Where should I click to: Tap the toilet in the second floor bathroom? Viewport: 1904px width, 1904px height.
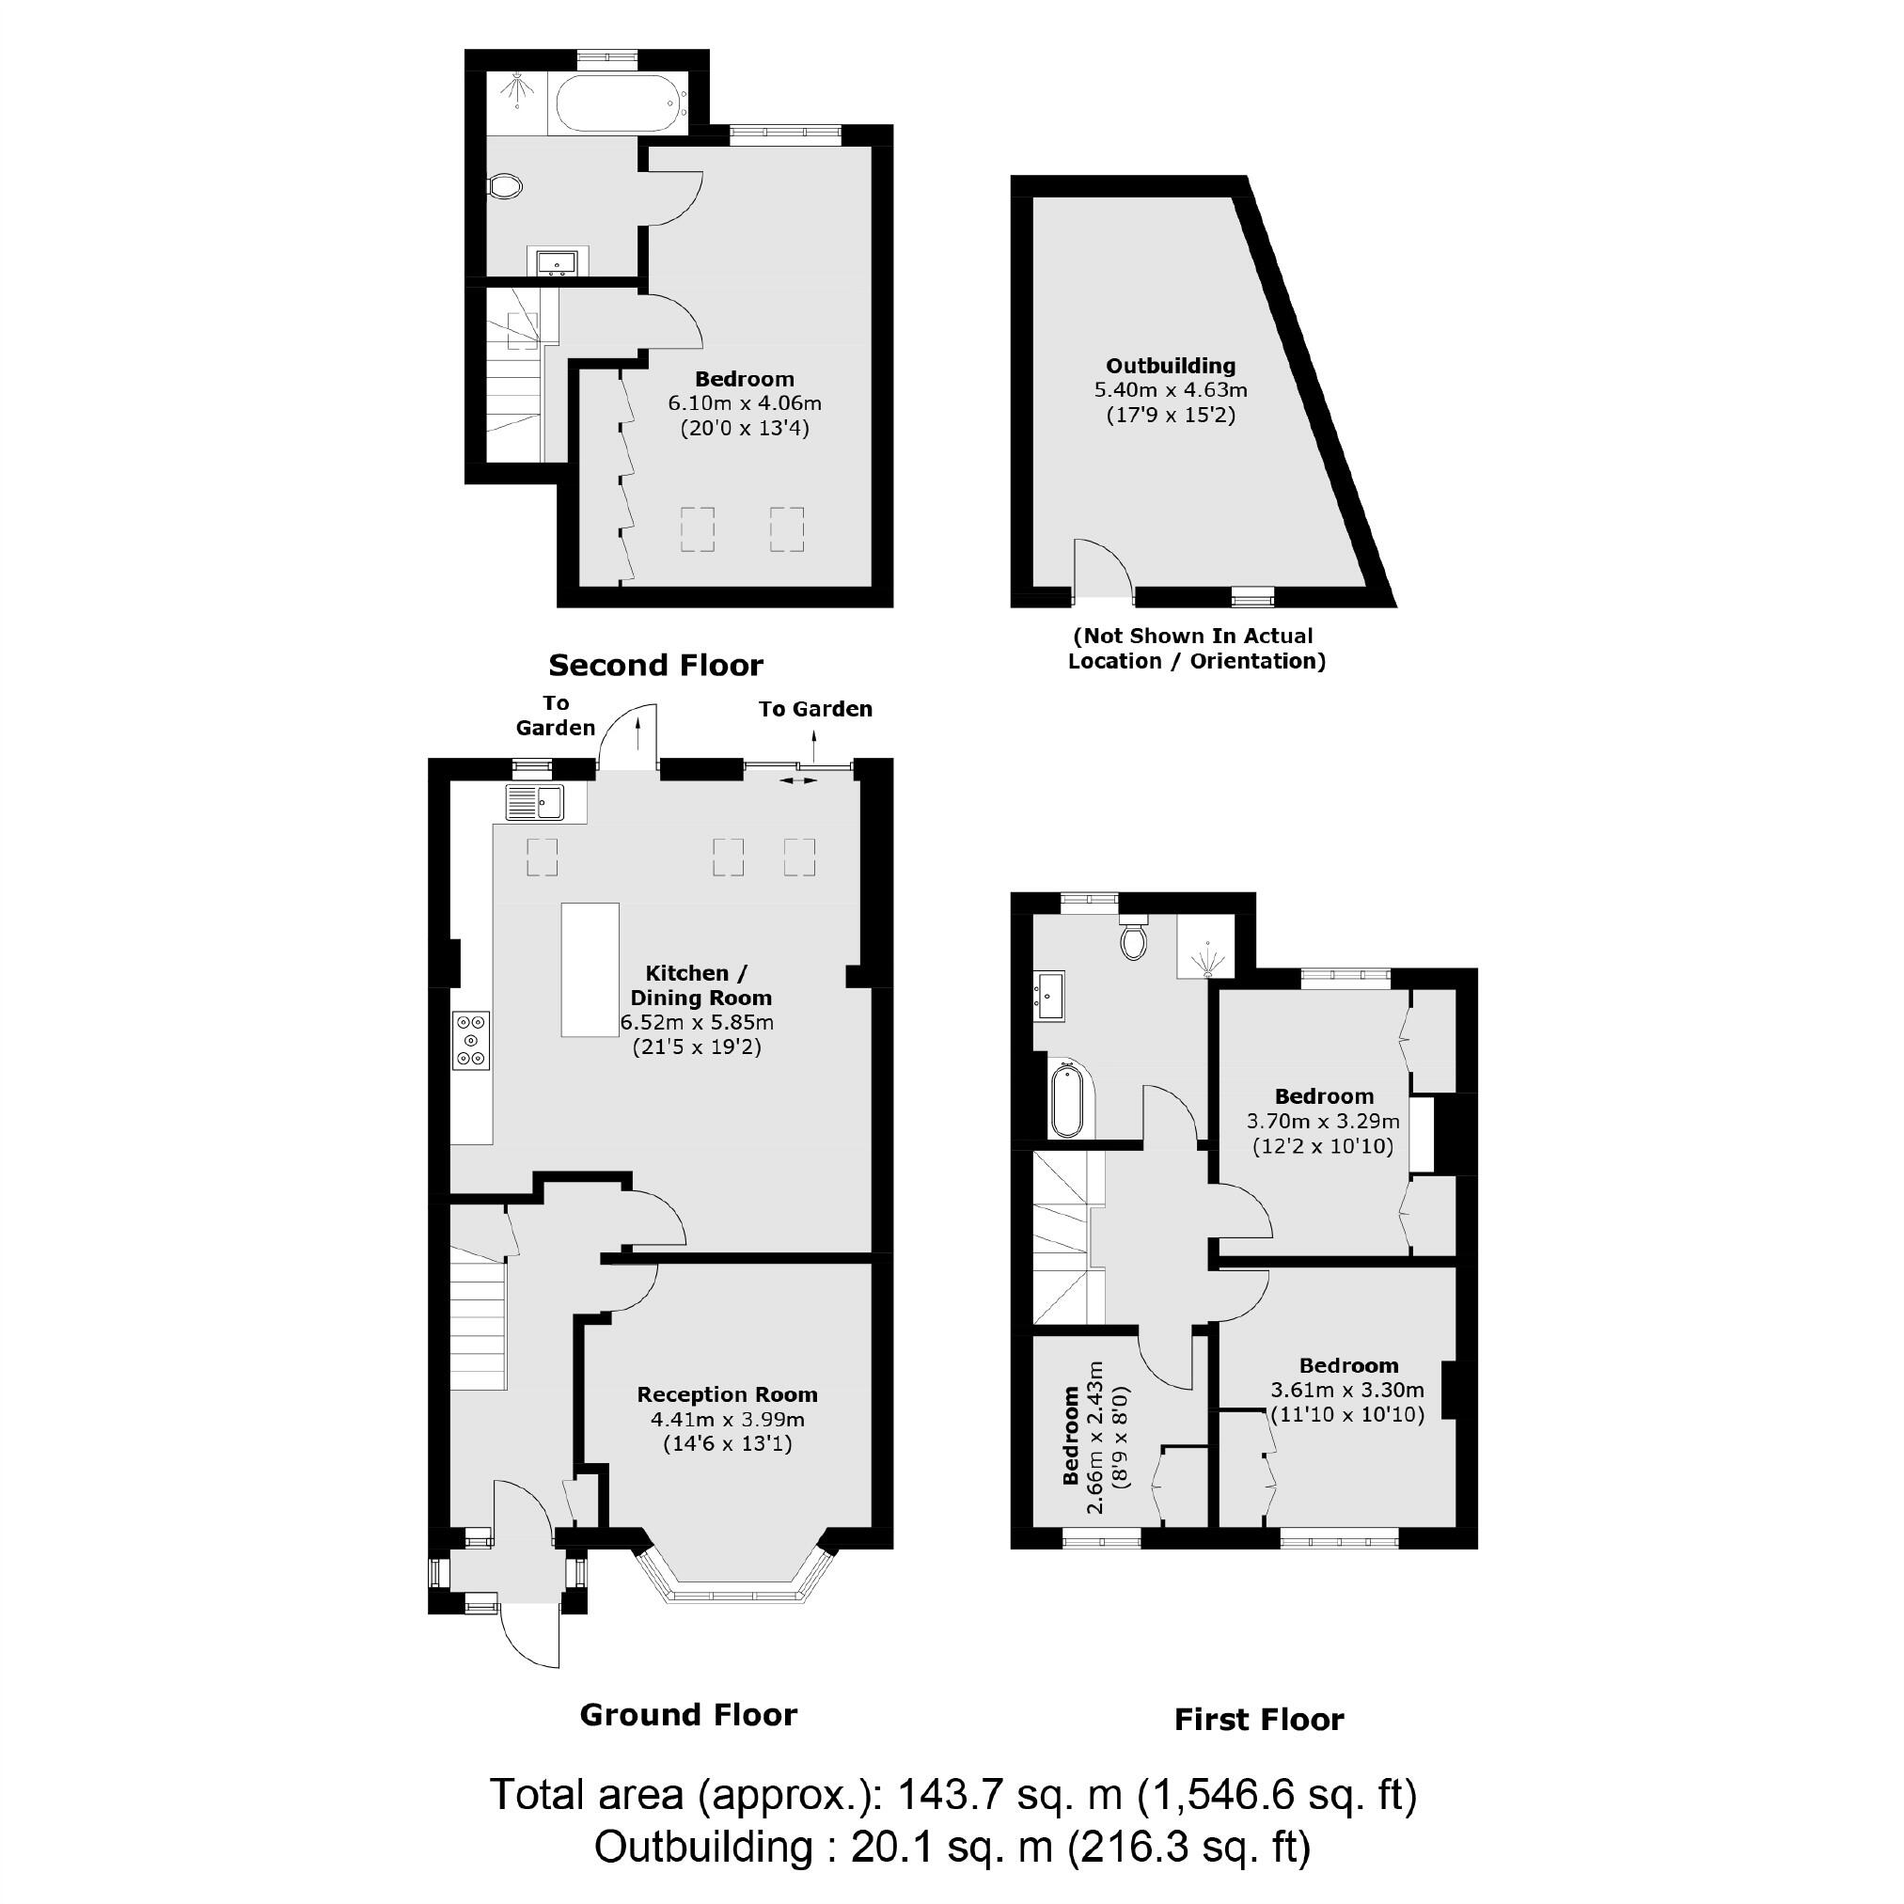pyautogui.click(x=507, y=186)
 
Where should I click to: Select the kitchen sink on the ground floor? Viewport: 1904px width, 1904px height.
pyautogui.click(x=535, y=801)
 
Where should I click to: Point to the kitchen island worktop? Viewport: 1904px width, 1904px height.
pyautogui.click(x=590, y=969)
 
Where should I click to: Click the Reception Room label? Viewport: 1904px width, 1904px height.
pyautogui.click(x=728, y=1394)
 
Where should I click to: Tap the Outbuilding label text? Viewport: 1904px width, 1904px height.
pyautogui.click(x=1170, y=366)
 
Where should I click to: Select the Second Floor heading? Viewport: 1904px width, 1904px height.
pyautogui.click(x=655, y=665)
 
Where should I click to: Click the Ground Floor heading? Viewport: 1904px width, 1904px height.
pyautogui.click(x=688, y=1715)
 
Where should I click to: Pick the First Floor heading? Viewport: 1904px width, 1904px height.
pyautogui.click(x=1258, y=1720)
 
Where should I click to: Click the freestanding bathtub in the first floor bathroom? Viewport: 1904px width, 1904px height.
pyautogui.click(x=1067, y=1099)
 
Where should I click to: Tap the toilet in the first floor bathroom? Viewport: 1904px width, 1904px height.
pyautogui.click(x=1134, y=938)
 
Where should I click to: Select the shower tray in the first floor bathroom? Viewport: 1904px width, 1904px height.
pyautogui.click(x=1204, y=946)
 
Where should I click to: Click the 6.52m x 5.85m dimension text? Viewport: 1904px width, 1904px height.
pyautogui.click(x=697, y=1023)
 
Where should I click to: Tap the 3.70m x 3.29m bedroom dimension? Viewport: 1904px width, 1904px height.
pyautogui.click(x=1323, y=1122)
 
